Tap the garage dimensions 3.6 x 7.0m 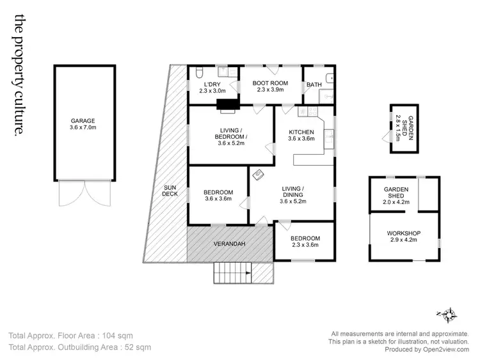point(83,128)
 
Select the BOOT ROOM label point(269,83)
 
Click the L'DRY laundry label point(212,84)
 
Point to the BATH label point(314,84)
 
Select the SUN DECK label point(170,190)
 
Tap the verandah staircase point(233,273)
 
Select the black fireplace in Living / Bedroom point(225,105)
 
